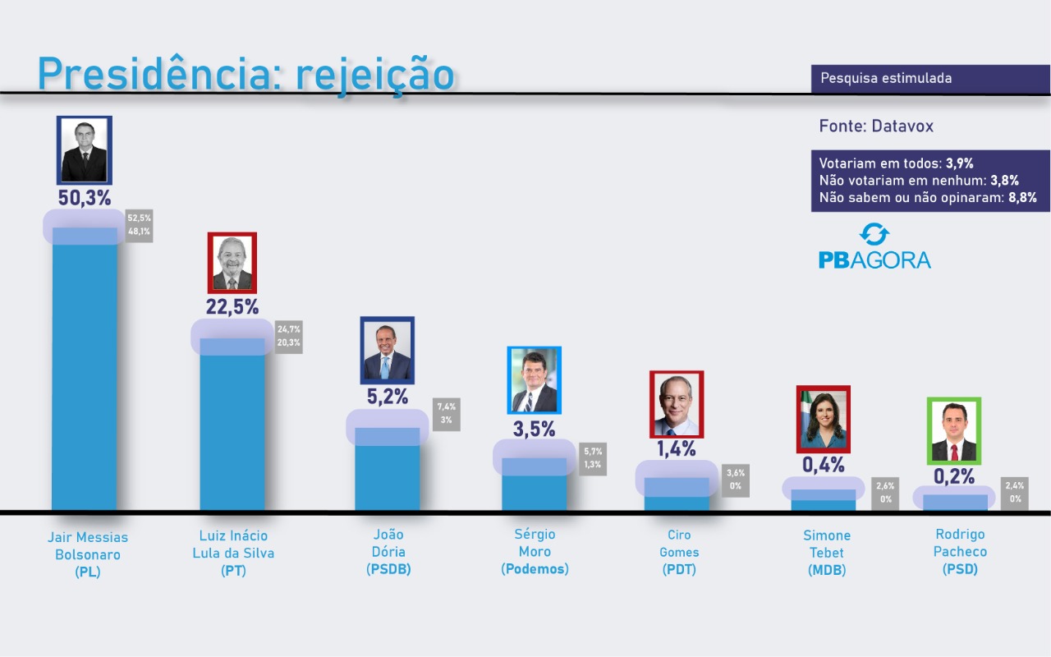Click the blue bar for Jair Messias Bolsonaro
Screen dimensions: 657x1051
[x=85, y=370]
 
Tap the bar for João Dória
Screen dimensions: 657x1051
[x=387, y=472]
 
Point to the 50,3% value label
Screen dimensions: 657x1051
[x=85, y=198]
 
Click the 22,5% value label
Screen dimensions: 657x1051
[x=232, y=307]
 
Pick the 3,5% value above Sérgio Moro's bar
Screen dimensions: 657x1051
[x=534, y=428]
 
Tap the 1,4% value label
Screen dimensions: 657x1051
[x=677, y=448]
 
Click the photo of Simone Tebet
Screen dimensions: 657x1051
[x=823, y=419]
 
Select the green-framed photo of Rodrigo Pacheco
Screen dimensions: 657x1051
[x=953, y=431]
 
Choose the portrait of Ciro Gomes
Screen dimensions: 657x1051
[x=677, y=404]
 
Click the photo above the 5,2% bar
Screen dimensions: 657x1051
[x=387, y=351]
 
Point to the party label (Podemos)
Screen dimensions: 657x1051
[x=535, y=568]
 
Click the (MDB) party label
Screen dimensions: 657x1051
[x=827, y=570]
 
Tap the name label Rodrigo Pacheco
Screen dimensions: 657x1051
[x=960, y=543]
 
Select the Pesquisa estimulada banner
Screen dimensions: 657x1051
[x=930, y=79]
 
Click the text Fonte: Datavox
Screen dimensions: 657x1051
[x=876, y=126]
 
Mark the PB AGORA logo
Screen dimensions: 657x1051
[x=874, y=247]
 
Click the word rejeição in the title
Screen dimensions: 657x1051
[x=374, y=75]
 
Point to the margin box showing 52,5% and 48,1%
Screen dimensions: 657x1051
[x=139, y=225]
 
